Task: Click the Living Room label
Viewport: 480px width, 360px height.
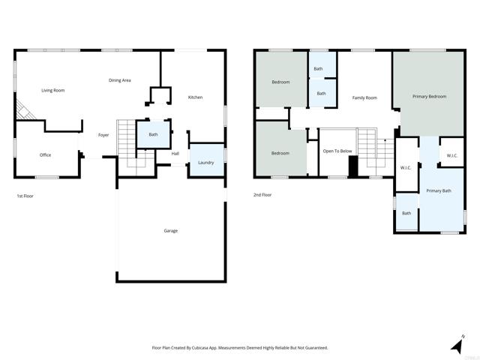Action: point(52,90)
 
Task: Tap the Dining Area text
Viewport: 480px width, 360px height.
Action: point(120,80)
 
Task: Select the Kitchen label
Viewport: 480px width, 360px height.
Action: point(195,97)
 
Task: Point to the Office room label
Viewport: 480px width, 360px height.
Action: point(46,155)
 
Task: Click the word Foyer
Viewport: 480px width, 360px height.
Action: point(103,135)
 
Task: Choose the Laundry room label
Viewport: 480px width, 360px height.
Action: point(205,163)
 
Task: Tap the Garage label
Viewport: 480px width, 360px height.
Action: point(171,230)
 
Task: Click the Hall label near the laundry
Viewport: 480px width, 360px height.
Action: point(175,154)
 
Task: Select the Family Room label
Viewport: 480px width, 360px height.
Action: point(364,97)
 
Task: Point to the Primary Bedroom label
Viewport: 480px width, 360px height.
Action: point(429,97)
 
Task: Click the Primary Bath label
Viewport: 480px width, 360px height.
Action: point(439,191)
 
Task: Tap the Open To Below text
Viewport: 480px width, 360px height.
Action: point(337,151)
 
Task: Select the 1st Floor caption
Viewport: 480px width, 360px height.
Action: point(25,196)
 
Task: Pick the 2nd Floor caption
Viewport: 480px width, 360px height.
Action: point(262,196)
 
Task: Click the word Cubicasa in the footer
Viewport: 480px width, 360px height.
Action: point(201,348)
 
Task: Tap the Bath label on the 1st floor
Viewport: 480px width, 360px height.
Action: point(153,135)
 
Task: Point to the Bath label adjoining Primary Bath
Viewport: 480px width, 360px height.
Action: point(406,213)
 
